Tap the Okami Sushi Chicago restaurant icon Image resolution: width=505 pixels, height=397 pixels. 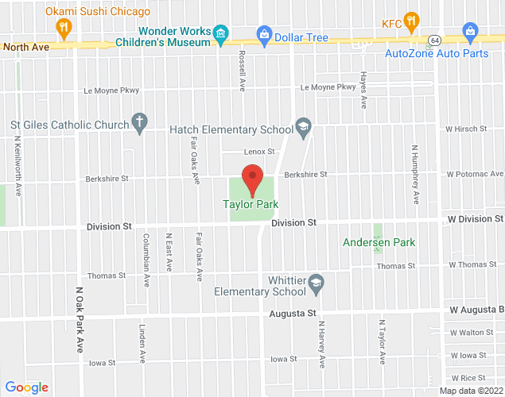point(64,29)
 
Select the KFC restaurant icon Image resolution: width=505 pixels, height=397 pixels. point(411,21)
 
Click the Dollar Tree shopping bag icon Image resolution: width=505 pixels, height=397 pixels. point(263,34)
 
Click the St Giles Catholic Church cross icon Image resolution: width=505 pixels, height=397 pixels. point(140,124)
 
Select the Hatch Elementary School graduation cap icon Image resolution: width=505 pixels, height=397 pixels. point(303,127)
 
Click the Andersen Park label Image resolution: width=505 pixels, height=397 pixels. point(379,242)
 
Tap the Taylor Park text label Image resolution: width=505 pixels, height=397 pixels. point(250,205)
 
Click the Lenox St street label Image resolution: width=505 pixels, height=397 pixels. point(259,152)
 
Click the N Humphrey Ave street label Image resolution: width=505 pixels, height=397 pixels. point(415,174)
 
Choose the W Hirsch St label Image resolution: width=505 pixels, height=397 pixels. point(465,128)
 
